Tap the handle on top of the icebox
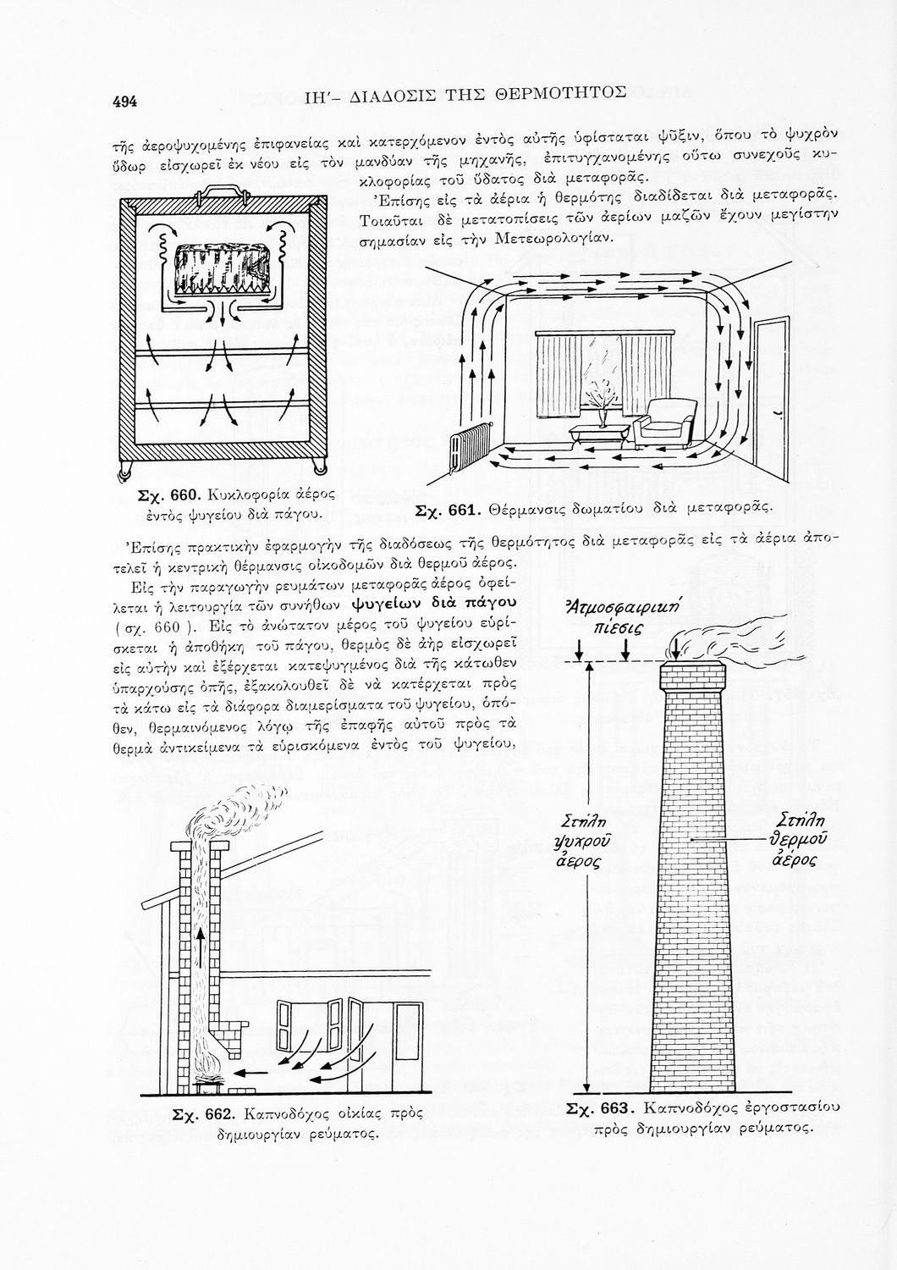pos(222,191)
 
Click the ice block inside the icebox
pos(221,269)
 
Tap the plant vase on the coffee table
pos(603,415)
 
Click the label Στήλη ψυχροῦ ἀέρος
pos(584,842)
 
